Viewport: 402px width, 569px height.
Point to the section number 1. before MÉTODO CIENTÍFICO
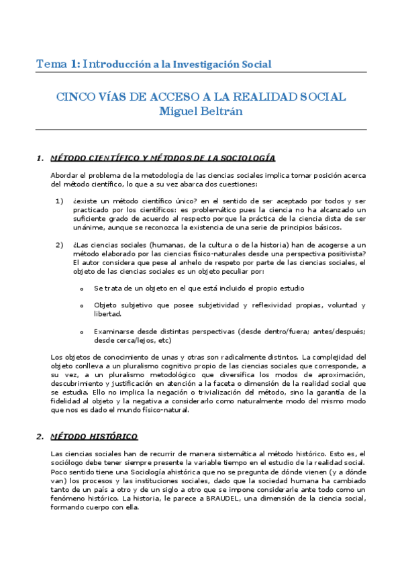[40, 158]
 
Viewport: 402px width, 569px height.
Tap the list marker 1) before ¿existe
[59, 201]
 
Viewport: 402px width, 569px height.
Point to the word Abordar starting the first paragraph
[64, 175]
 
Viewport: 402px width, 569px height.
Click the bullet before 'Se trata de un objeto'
[82, 289]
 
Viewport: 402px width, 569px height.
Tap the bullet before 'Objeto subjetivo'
[82, 306]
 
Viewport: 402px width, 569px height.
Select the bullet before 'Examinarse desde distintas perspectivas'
[82, 332]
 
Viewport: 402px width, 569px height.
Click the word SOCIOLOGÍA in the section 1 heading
[244, 158]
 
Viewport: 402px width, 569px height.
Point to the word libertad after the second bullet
[107, 314]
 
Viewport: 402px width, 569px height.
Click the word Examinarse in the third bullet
[114, 331]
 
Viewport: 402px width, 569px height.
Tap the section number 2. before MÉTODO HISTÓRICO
[40, 417]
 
